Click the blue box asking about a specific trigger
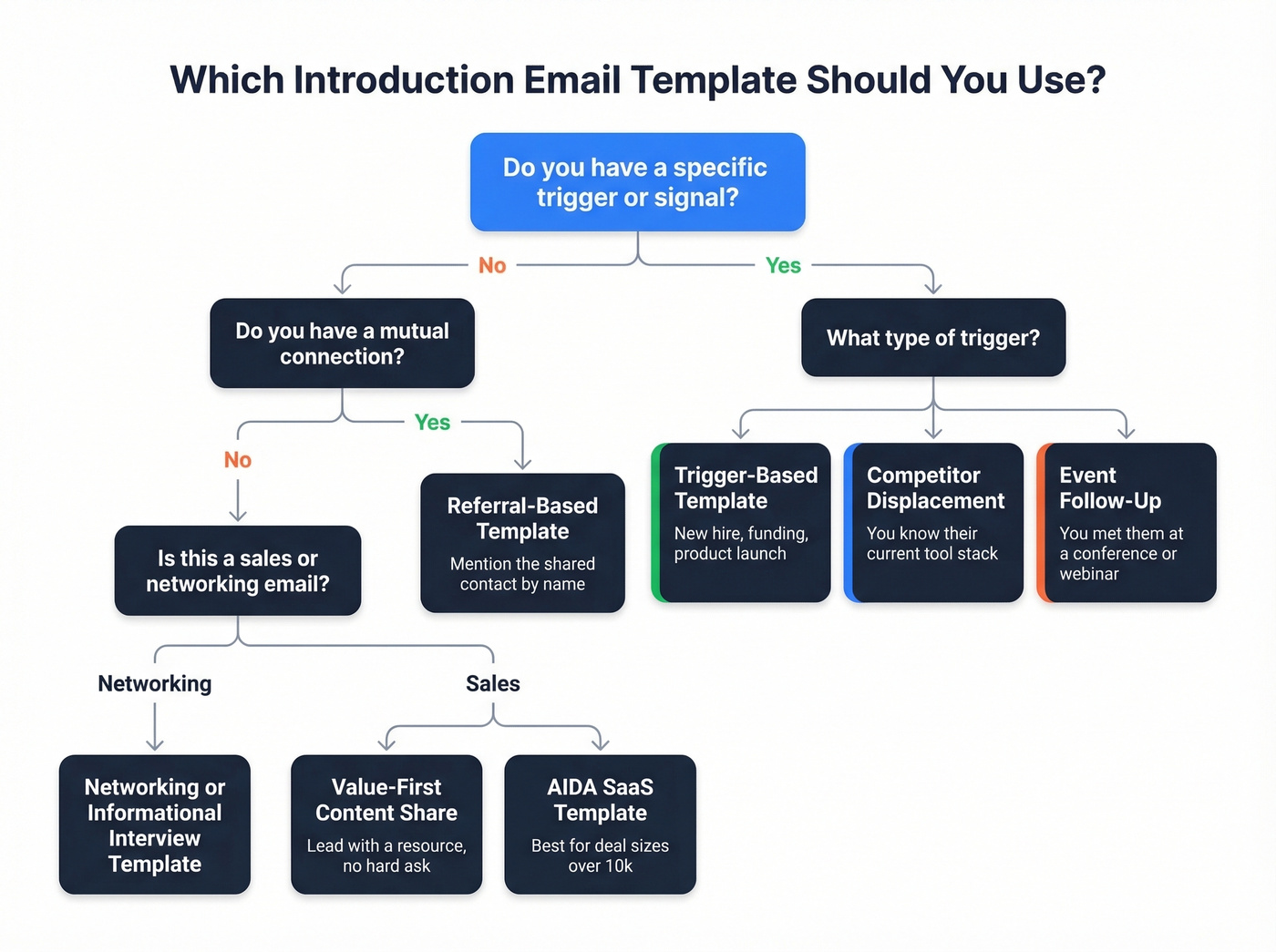[x=637, y=182]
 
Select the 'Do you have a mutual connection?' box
[x=342, y=343]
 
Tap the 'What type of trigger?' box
[x=932, y=338]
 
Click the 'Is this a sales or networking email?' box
[x=238, y=570]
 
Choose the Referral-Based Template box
[x=522, y=542]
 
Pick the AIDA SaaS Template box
[x=600, y=824]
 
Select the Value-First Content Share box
[x=386, y=824]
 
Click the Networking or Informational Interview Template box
[x=155, y=824]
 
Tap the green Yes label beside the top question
[x=783, y=265]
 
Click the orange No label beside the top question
[x=492, y=265]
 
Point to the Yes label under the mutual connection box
[x=432, y=422]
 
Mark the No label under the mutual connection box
[x=238, y=460]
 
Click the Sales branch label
[x=493, y=683]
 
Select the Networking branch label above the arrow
[x=155, y=683]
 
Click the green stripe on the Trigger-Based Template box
[x=655, y=523]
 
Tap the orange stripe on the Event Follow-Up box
[x=1041, y=523]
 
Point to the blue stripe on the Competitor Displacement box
[x=849, y=523]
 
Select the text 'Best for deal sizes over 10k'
[x=600, y=855]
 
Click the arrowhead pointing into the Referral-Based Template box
[x=522, y=464]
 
